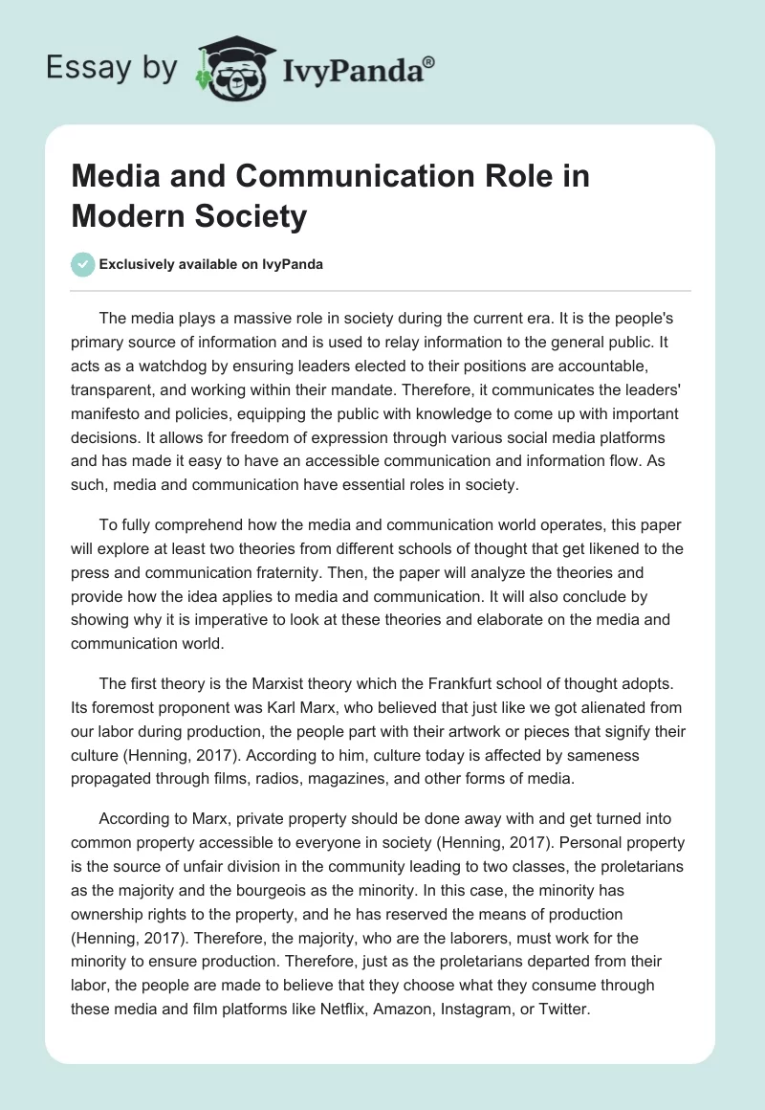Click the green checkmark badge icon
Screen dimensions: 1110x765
83,264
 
